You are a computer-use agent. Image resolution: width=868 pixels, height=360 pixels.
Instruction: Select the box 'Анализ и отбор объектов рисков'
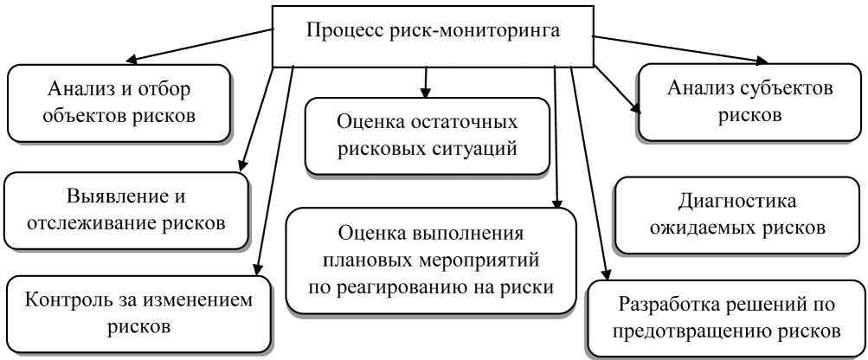click(x=120, y=101)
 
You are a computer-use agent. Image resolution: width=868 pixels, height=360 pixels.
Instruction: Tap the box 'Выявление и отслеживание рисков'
click(x=125, y=209)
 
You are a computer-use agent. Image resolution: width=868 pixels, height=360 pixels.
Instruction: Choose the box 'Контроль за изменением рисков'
click(x=138, y=314)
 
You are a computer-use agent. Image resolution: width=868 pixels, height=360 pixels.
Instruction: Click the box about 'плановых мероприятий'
click(x=431, y=259)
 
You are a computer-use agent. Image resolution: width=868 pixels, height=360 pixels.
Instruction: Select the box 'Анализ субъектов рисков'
click(x=749, y=101)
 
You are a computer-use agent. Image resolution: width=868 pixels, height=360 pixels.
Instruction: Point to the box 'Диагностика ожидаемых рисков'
click(x=737, y=216)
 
